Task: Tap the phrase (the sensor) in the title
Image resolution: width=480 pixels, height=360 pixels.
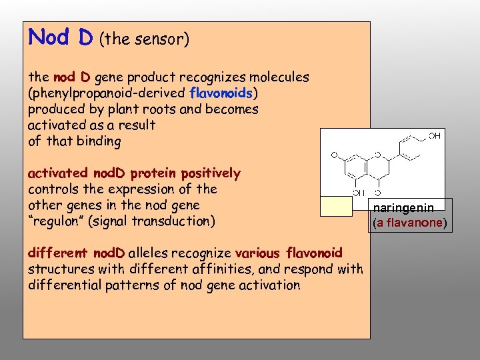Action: pos(145,39)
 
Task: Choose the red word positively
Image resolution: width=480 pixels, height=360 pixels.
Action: pos(209,174)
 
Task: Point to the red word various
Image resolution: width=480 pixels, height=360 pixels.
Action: pos(259,253)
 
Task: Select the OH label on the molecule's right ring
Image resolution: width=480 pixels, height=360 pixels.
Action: pos(434,136)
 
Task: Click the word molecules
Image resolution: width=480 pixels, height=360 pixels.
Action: pos(279,77)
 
